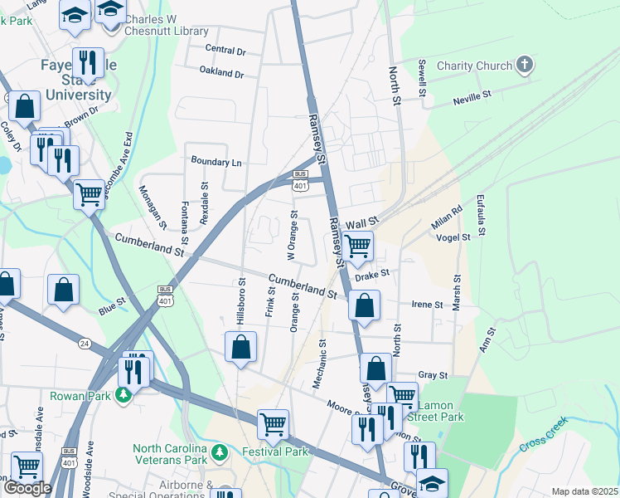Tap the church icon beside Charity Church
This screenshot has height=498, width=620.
[524, 65]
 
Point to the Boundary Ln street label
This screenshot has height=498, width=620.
[216, 162]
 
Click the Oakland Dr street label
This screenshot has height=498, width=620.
[221, 73]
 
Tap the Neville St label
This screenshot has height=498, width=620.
[472, 101]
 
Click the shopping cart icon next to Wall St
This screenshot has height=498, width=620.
[357, 246]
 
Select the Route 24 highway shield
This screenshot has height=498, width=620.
[85, 342]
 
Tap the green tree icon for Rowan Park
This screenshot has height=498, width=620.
[124, 394]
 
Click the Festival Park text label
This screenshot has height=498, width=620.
[274, 452]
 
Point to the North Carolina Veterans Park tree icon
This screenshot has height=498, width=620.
[220, 452]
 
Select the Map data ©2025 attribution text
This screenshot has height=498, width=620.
[584, 491]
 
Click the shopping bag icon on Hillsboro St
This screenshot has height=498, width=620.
[240, 347]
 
